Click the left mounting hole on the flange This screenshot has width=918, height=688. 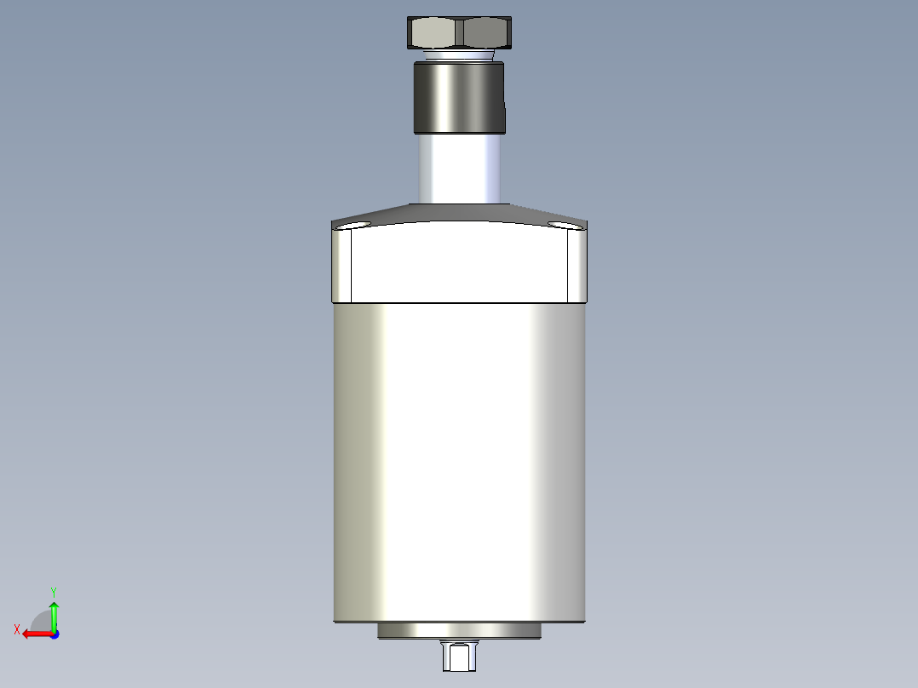(x=354, y=226)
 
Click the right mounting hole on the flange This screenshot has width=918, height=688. (x=562, y=225)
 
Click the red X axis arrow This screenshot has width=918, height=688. (x=35, y=634)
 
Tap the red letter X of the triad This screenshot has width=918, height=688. (x=17, y=629)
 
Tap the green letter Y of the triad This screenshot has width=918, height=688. (x=53, y=591)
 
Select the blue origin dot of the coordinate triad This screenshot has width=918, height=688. (x=54, y=634)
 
